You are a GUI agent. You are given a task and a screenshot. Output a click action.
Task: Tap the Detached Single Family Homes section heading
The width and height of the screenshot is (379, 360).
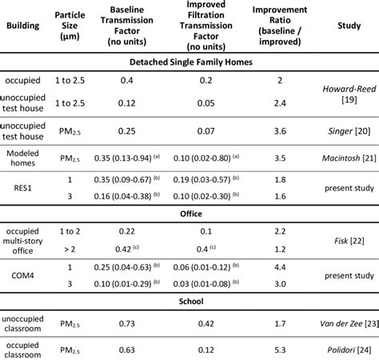[189, 61]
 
